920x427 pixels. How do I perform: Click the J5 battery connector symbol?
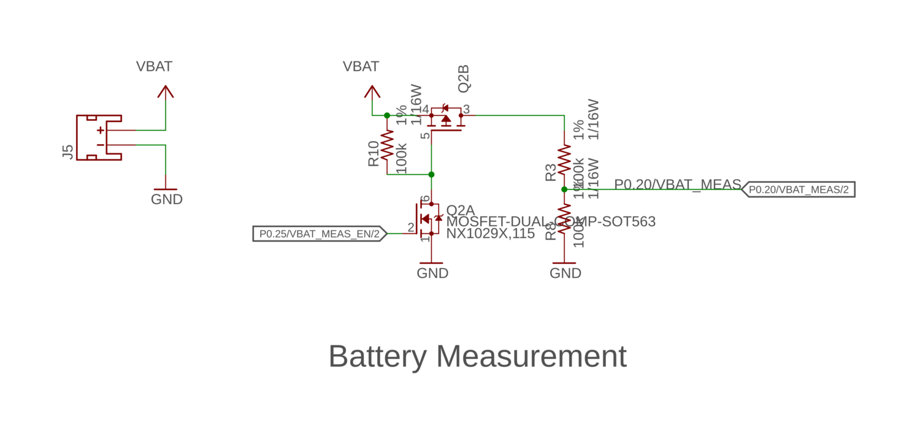[x=99, y=137]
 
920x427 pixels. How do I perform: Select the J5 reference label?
[x=68, y=152]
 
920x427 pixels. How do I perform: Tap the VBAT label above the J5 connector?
[x=154, y=66]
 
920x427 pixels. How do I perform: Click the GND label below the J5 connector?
[x=167, y=199]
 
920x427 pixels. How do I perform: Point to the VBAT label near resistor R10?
[x=361, y=66]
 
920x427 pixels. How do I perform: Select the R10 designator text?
[x=374, y=153]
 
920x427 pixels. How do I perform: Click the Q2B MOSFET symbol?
[x=446, y=119]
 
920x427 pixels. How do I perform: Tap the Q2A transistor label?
[x=461, y=210]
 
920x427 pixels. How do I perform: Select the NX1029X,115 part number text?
[x=490, y=234]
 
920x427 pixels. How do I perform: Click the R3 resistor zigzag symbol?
[x=564, y=160]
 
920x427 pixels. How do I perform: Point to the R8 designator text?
[x=550, y=230]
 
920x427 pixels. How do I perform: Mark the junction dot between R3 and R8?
[x=564, y=190]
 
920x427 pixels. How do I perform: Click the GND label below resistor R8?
[x=565, y=273]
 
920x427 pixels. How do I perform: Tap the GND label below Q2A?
[x=432, y=273]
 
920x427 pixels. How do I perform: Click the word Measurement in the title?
[x=532, y=356]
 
